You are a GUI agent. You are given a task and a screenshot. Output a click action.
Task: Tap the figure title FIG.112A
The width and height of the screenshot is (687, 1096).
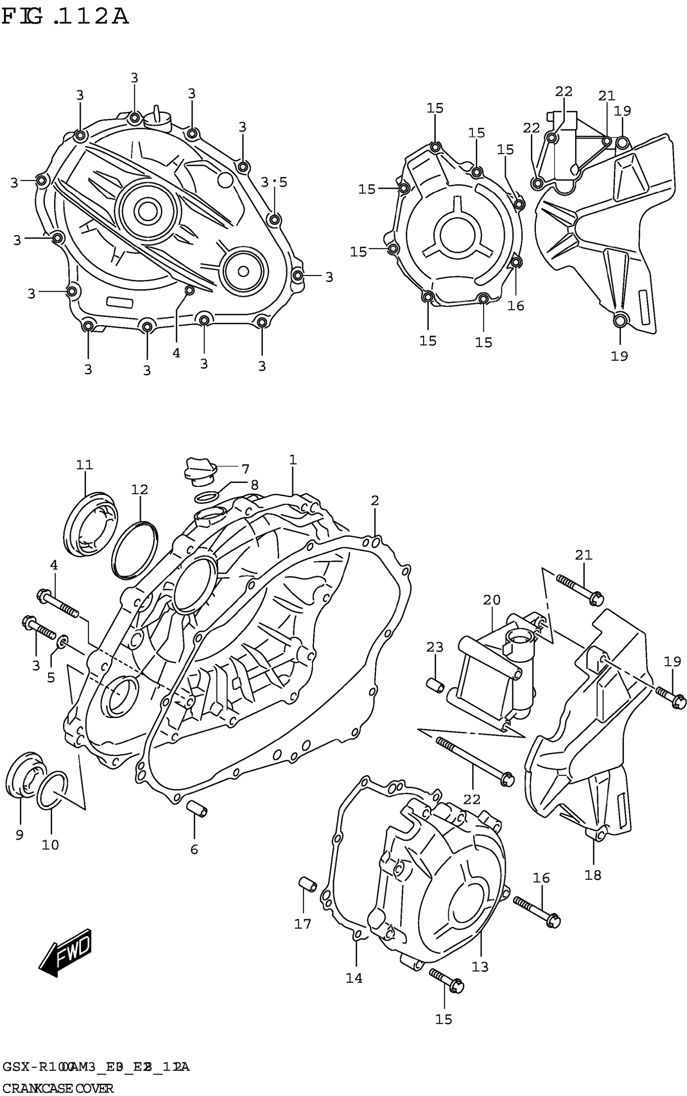65,17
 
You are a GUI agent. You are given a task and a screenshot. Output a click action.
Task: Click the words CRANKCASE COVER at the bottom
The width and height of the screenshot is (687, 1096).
58,1085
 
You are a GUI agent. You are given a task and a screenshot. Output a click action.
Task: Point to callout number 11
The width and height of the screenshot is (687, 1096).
84,465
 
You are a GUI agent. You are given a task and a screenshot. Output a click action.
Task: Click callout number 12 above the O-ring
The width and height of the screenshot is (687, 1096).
140,490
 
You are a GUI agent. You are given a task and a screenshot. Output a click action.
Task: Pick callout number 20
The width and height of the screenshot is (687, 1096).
492,600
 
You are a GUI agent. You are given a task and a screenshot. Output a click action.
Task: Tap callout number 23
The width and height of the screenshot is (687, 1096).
435,647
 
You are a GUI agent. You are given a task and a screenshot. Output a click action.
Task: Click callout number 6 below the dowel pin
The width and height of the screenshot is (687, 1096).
194,849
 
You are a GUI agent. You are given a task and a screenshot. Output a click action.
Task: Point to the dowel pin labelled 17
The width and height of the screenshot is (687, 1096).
307,884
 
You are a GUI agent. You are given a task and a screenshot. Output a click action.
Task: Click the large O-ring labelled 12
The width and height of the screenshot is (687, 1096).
135,550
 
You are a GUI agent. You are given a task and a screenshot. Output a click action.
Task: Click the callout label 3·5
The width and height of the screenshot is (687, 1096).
274,182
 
